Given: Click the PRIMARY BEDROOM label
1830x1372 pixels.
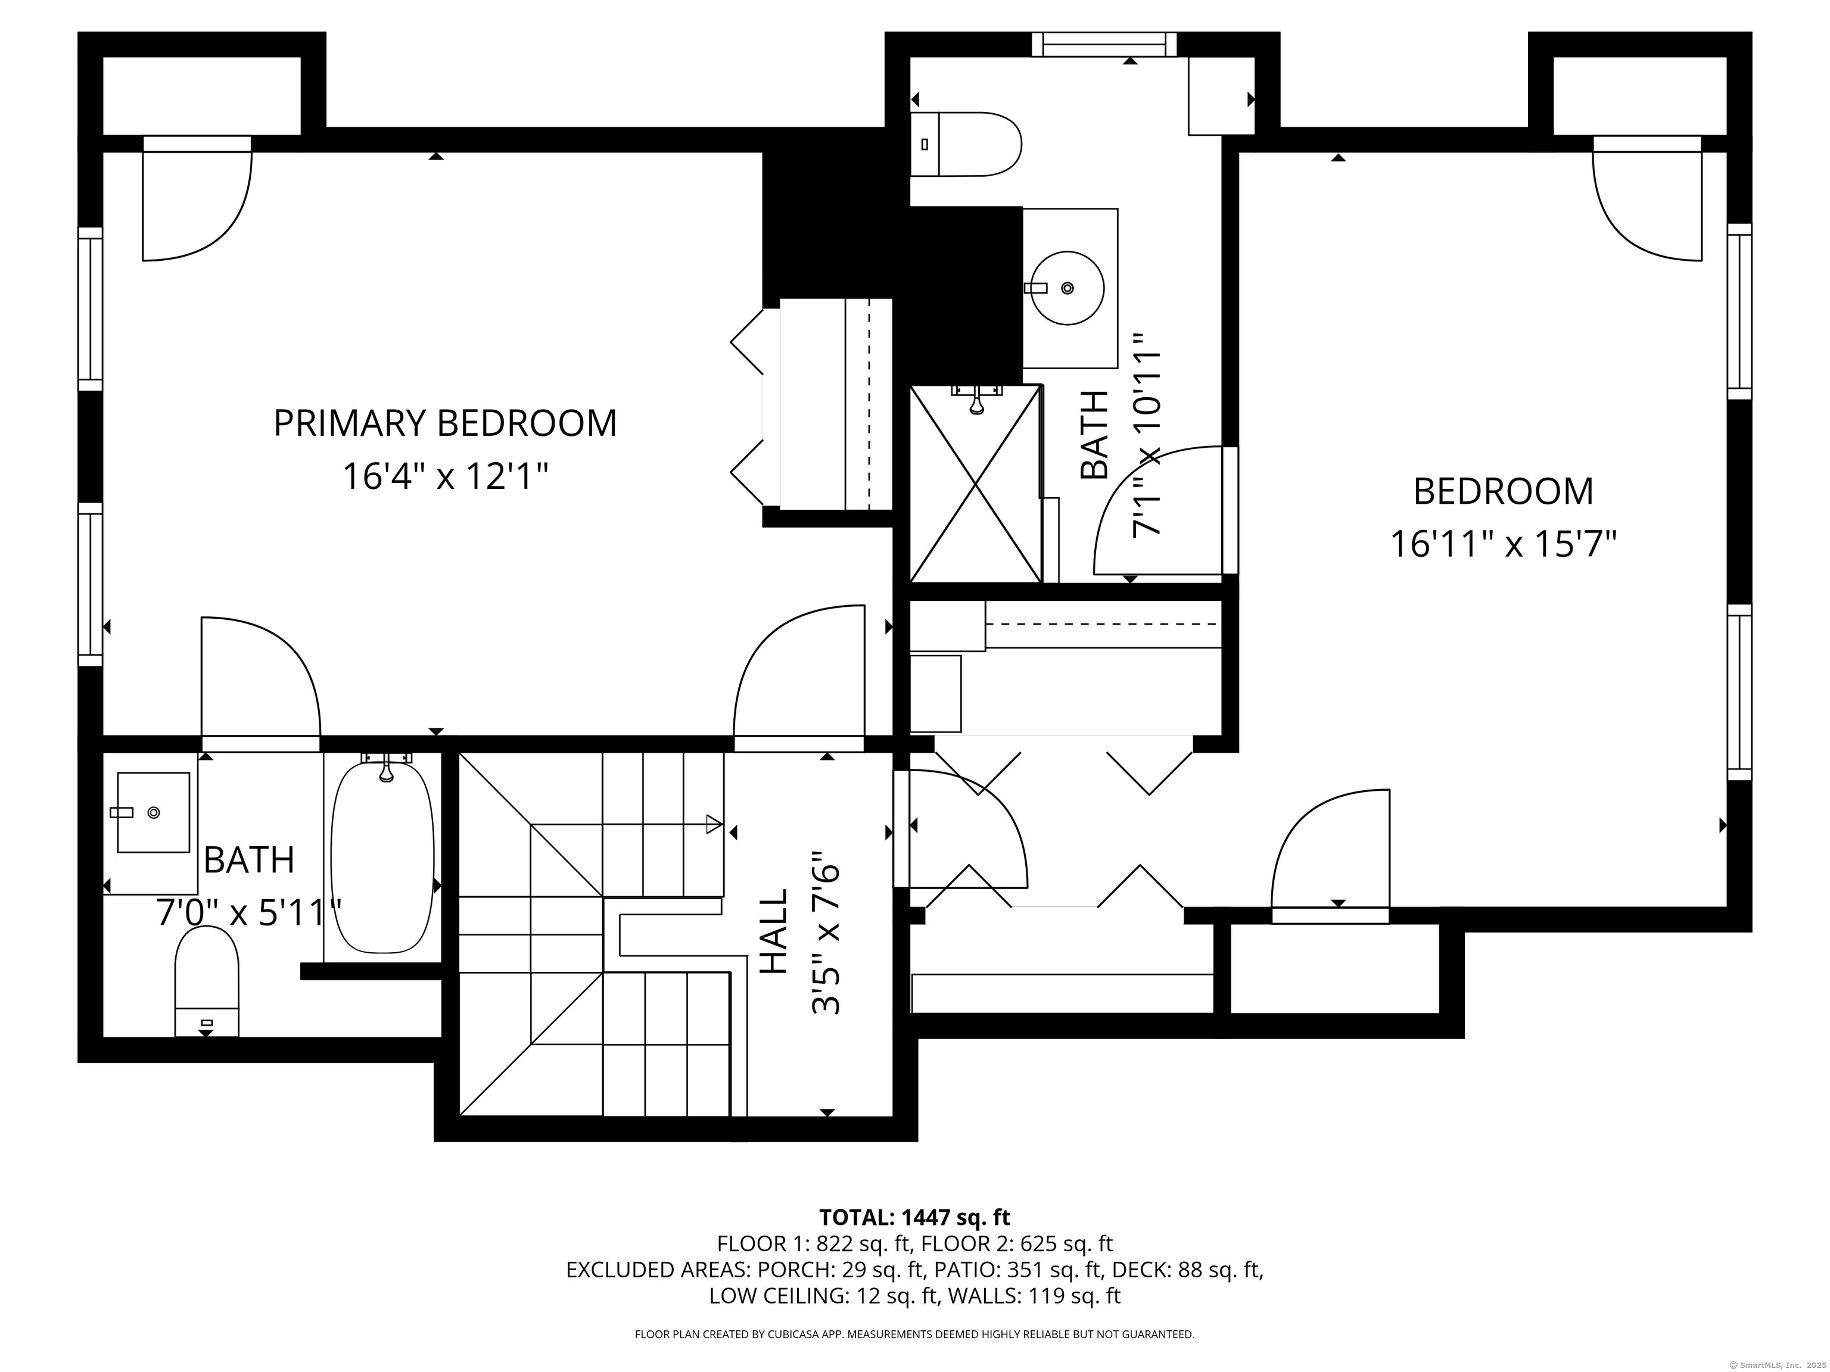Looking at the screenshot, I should pos(445,423).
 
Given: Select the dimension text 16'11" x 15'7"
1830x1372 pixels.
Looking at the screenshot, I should pos(1502,545).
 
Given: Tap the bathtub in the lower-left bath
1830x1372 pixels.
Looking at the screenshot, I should pos(382,858).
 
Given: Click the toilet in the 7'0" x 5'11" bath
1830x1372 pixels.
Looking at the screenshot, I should pos(207,981).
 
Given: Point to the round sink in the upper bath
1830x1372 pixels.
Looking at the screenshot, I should pos(1067,288).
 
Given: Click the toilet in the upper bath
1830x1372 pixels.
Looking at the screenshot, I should pos(966,145).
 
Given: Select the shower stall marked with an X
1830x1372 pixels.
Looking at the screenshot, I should pos(975,484).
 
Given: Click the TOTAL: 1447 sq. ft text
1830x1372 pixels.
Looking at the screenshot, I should pos(914,1217).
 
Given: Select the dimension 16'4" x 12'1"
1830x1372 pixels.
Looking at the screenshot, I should pos(445,477).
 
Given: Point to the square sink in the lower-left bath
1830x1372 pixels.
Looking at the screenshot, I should pos(154,812).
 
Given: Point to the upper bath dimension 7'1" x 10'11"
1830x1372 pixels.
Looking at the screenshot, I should pos(1147,436).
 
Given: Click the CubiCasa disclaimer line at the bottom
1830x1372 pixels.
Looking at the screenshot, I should pos(914,1334).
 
